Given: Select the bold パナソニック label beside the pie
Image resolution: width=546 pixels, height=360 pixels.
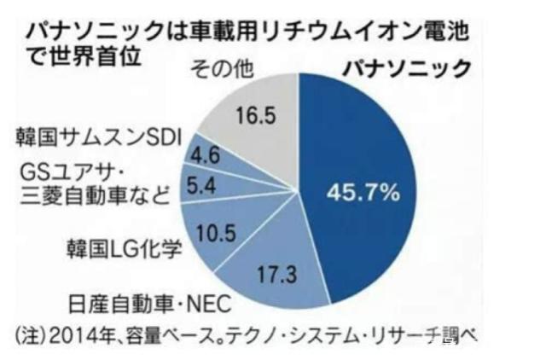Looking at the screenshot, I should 404,69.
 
